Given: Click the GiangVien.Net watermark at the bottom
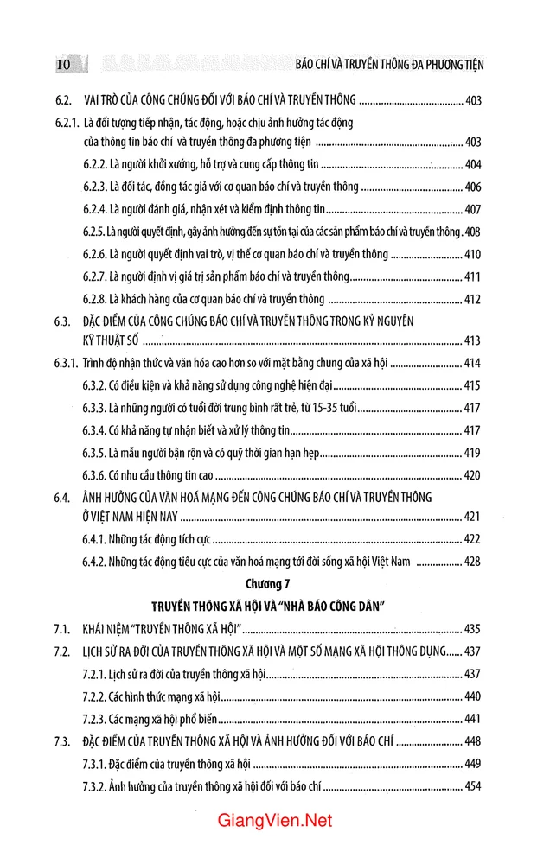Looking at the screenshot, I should [275, 822].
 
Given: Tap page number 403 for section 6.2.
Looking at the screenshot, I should [473, 100].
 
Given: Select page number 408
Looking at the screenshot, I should [473, 232].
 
